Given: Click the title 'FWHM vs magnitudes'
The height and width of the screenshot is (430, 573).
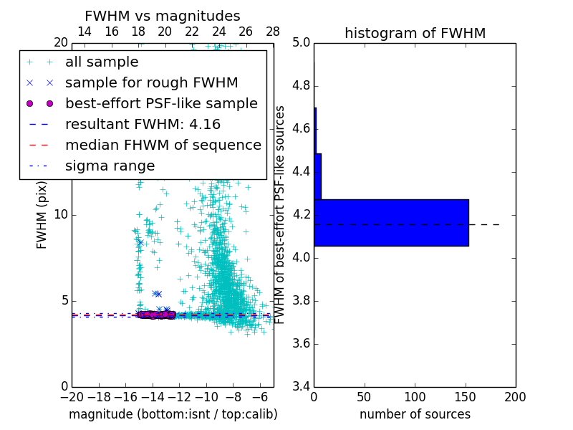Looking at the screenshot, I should pyautogui.click(x=163, y=16).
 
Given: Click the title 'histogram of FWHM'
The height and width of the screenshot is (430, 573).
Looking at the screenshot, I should pyautogui.click(x=415, y=33).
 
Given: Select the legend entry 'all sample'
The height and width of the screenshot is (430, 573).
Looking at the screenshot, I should pyautogui.click(x=102, y=62).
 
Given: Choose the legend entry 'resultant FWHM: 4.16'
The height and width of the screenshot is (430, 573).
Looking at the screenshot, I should pyautogui.click(x=143, y=125).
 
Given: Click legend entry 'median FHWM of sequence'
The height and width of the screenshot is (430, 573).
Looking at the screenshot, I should pyautogui.click(x=163, y=145).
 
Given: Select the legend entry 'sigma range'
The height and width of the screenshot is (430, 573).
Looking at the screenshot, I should pyautogui.click(x=110, y=166).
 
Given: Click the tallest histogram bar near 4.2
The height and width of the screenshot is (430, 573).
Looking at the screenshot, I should pyautogui.click(x=391, y=223).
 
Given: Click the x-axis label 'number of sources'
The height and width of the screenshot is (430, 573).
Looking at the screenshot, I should pyautogui.click(x=415, y=414).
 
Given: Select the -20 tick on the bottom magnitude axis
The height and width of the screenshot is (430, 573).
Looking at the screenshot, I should pyautogui.click(x=72, y=396).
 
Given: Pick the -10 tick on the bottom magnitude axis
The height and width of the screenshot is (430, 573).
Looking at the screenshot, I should pyautogui.click(x=206, y=396).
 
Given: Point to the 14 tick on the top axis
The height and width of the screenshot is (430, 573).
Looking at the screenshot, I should pyautogui.click(x=84, y=32).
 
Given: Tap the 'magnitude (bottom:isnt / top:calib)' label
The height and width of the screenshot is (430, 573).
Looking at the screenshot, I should pyautogui.click(x=173, y=414).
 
